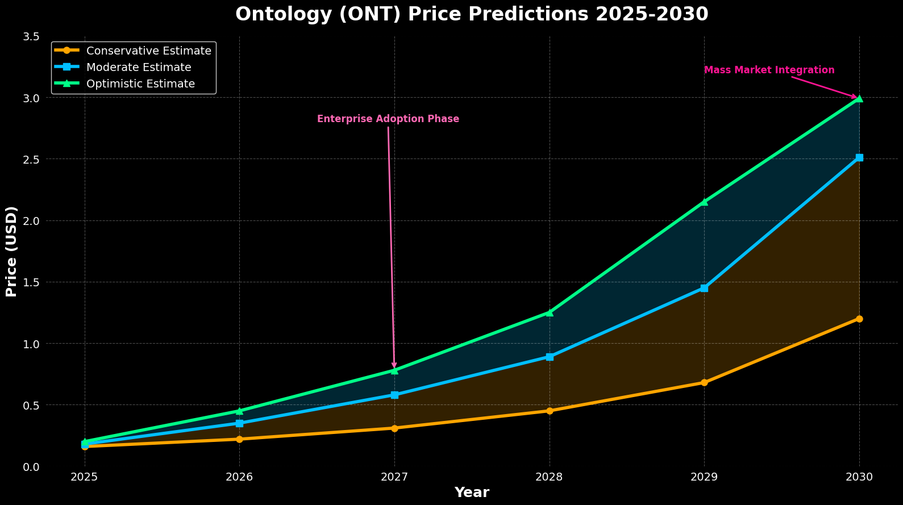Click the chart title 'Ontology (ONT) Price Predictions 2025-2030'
[x=472, y=14]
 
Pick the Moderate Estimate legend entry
[x=138, y=68]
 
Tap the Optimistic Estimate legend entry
[x=140, y=84]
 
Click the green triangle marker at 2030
[x=859, y=98]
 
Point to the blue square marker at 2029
[x=704, y=288]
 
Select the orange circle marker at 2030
[x=859, y=319]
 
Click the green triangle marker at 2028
[x=550, y=312]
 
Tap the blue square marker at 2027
[x=394, y=395]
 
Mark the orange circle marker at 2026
[x=239, y=439]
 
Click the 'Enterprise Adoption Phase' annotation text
[x=388, y=119]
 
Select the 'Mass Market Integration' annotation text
[x=769, y=70]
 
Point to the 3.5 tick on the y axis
[x=32, y=36]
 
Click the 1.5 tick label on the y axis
[x=32, y=282]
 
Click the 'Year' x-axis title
[x=472, y=493]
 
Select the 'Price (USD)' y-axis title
[x=11, y=251]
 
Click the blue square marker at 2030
[x=859, y=157]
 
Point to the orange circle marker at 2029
[x=704, y=382]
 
